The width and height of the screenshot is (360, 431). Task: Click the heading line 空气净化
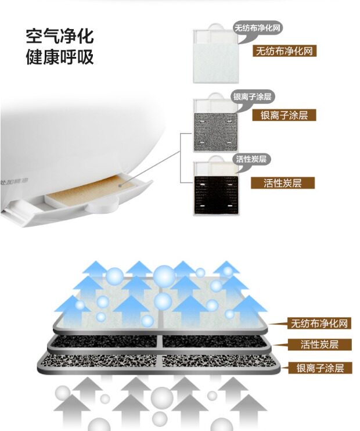(x=59, y=37)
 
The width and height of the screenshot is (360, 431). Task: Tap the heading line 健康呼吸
(x=59, y=58)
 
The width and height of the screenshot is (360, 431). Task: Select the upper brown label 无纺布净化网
(x=285, y=51)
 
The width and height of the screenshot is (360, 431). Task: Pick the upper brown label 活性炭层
(x=282, y=183)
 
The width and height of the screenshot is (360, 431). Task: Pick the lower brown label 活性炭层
(x=319, y=345)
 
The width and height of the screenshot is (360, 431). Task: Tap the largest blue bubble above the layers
(x=164, y=274)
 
